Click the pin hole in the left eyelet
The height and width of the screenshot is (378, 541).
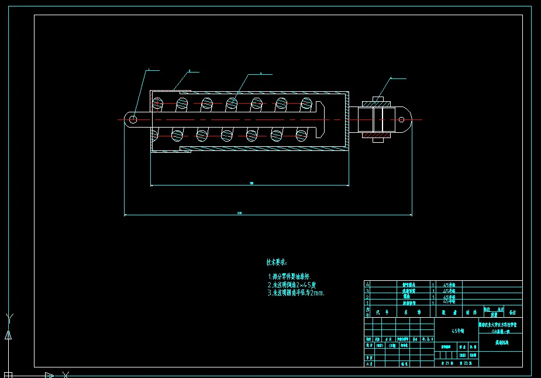point(133,119)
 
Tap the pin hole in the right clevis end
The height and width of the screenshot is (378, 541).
point(401,119)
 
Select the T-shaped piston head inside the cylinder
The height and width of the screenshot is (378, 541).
point(320,119)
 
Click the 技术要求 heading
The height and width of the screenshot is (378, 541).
point(277,263)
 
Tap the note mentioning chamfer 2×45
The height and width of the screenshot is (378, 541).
point(292,284)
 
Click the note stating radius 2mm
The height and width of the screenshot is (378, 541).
point(295,293)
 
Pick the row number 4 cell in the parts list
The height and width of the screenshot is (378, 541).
point(367,284)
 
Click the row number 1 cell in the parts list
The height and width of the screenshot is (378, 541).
point(367,303)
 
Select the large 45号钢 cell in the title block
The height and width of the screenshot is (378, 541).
point(457,331)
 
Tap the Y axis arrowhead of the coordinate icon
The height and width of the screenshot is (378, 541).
point(8,335)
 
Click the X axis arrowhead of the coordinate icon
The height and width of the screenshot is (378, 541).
point(50,375)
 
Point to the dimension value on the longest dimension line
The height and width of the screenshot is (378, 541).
point(239,213)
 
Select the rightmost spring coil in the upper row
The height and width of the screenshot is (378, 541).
point(306,104)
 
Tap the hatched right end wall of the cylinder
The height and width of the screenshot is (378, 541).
point(346,119)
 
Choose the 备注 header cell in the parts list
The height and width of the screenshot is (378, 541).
point(513,312)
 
